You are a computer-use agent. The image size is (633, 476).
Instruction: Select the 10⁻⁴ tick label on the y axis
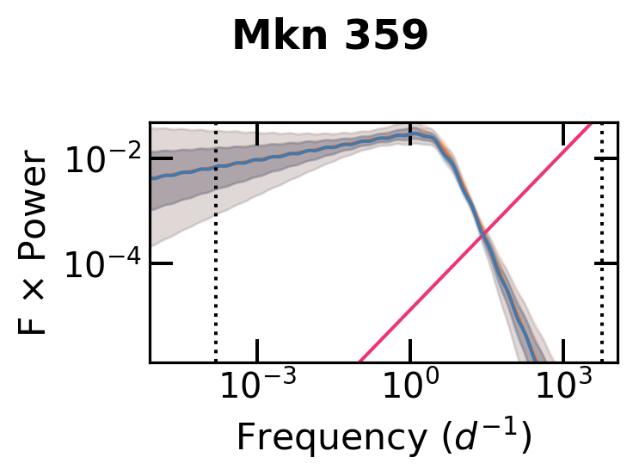tap(101, 263)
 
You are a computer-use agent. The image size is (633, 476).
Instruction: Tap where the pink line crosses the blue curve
tap(483, 233)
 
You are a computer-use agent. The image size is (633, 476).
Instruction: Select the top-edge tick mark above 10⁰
tap(410, 133)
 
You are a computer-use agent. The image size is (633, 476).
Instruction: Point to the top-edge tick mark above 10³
tap(563, 133)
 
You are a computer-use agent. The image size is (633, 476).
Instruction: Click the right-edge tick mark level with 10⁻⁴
tap(606, 263)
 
